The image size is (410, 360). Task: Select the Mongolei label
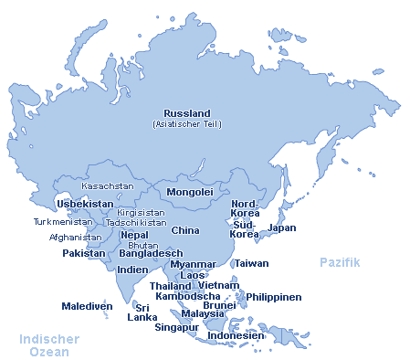(189, 193)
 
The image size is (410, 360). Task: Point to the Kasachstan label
(108, 185)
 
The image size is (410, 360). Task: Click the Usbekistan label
(85, 204)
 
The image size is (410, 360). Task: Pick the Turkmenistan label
(63, 222)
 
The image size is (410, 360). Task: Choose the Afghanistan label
(76, 237)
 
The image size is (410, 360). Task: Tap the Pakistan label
(84, 253)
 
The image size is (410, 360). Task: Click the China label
(185, 230)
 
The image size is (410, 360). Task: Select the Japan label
(282, 228)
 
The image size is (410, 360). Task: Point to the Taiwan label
(251, 263)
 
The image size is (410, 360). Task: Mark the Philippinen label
(274, 297)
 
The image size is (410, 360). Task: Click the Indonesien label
(237, 335)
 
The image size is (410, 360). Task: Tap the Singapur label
(176, 327)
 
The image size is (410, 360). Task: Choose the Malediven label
(86, 306)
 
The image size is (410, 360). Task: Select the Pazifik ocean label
(340, 262)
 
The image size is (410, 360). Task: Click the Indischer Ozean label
(49, 345)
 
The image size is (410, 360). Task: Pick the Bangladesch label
(151, 253)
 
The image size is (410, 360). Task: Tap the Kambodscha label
(187, 296)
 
